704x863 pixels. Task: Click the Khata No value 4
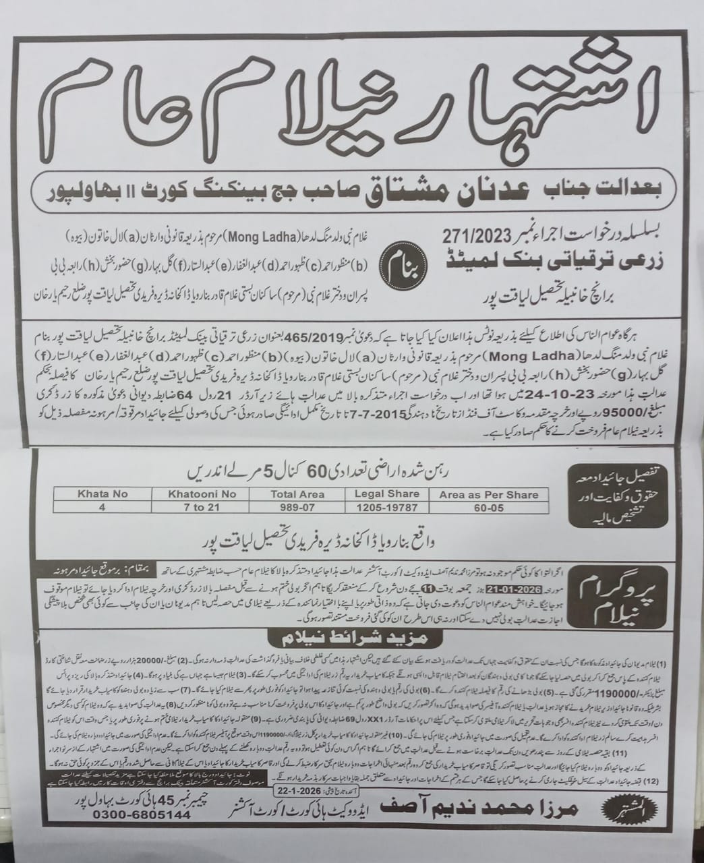point(103,507)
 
